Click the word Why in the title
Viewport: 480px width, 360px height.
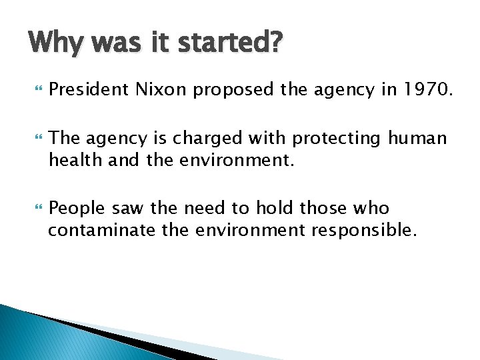[57, 45]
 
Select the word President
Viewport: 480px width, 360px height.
[89, 89]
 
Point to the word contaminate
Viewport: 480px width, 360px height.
[97, 231]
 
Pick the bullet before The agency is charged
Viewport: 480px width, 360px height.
[36, 138]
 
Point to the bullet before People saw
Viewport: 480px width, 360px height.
[36, 209]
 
